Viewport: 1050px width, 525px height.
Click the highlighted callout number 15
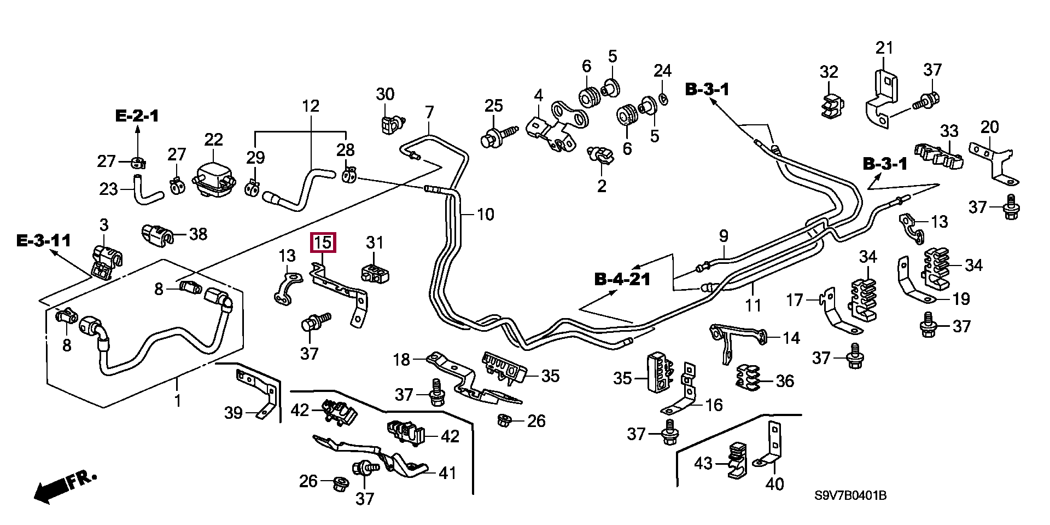[323, 243]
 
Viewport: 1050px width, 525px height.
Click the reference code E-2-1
[137, 116]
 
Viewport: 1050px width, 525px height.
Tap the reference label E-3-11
[44, 240]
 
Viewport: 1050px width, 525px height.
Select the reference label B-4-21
[622, 279]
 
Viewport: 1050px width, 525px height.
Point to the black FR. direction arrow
[65, 486]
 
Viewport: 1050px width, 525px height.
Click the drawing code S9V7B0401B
[850, 496]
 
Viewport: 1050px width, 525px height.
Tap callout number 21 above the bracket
[884, 48]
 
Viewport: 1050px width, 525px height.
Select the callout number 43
[703, 463]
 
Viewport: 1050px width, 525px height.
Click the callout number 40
[774, 483]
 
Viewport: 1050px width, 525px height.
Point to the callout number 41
[447, 473]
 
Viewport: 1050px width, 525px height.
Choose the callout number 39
[234, 413]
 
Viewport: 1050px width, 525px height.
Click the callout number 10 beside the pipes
[486, 214]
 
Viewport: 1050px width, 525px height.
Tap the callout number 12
[311, 106]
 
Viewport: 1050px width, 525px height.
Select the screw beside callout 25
[499, 137]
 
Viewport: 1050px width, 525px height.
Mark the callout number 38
[198, 234]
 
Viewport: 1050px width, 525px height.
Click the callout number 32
[829, 72]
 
